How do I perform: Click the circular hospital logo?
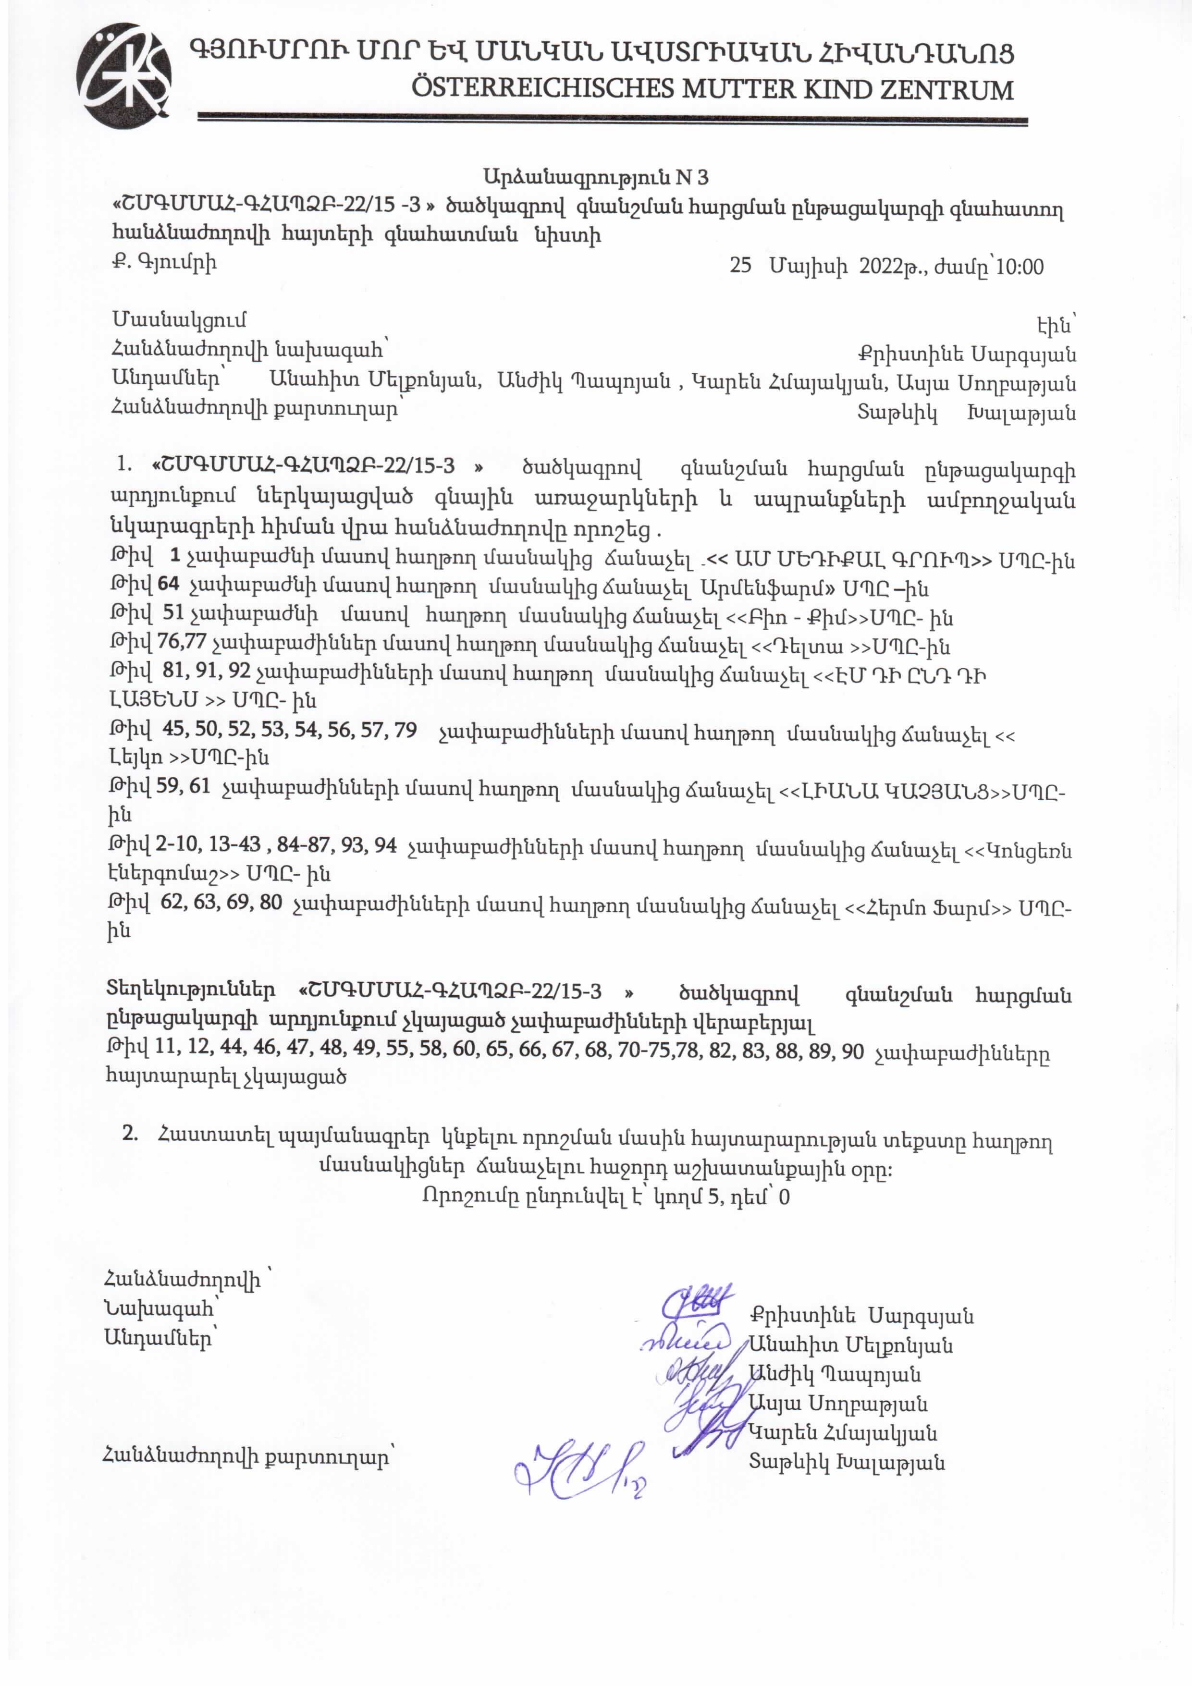coord(124,76)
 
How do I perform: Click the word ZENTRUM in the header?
coord(946,90)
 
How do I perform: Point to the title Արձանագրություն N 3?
coord(596,177)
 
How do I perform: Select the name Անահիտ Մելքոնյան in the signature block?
coord(850,1345)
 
